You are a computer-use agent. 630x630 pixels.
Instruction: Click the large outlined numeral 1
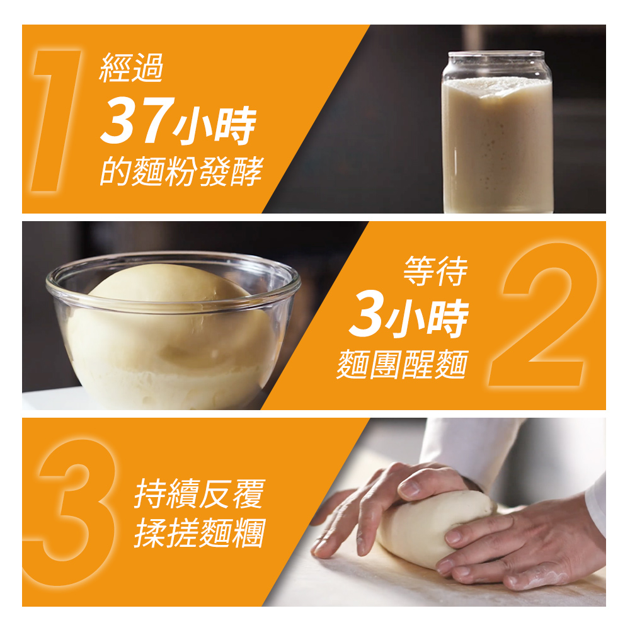click(x=56, y=120)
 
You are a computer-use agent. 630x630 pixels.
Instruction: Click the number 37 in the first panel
click(x=137, y=120)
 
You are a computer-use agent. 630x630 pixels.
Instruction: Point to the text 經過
click(x=132, y=67)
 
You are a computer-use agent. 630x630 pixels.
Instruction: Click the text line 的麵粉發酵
click(x=181, y=171)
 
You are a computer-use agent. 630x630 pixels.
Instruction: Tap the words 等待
click(x=436, y=271)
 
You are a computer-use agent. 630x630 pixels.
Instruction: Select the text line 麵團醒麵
click(x=402, y=364)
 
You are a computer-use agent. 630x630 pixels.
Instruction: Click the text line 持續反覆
click(x=200, y=494)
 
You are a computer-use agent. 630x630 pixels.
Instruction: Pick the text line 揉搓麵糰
click(x=200, y=533)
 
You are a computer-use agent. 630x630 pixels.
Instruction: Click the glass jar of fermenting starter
click(x=498, y=132)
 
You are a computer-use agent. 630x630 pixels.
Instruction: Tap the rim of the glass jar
click(x=496, y=55)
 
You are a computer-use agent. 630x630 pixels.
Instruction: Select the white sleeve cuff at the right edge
click(x=597, y=502)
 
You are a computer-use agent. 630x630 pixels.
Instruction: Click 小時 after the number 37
click(x=215, y=126)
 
